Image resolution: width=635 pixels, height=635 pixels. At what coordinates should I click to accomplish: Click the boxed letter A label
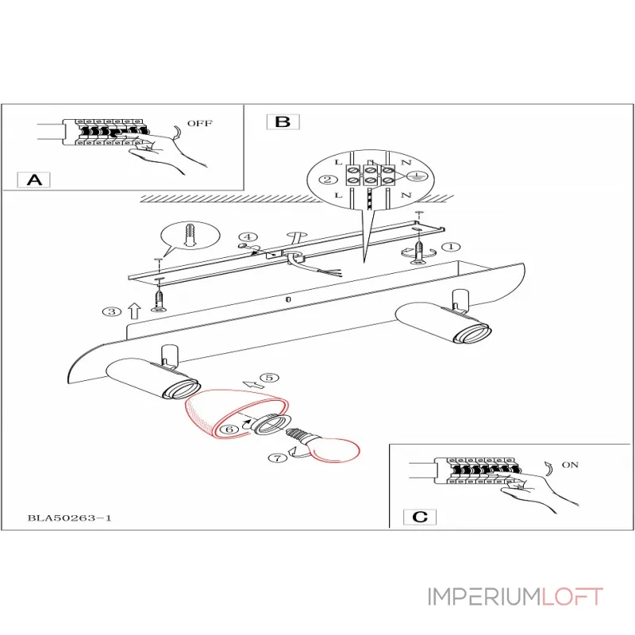(33, 179)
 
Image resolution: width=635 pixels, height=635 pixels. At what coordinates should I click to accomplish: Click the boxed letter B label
(283, 121)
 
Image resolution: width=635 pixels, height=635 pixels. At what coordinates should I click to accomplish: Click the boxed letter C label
(421, 517)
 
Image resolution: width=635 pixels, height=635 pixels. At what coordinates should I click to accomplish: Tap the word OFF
(199, 123)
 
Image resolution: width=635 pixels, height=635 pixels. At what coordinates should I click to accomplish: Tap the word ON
(570, 465)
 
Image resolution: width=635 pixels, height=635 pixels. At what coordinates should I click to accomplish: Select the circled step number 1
(450, 248)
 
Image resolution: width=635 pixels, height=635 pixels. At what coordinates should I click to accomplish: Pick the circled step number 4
(248, 237)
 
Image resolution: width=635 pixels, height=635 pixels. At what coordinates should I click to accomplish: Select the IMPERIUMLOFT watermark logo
(515, 596)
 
